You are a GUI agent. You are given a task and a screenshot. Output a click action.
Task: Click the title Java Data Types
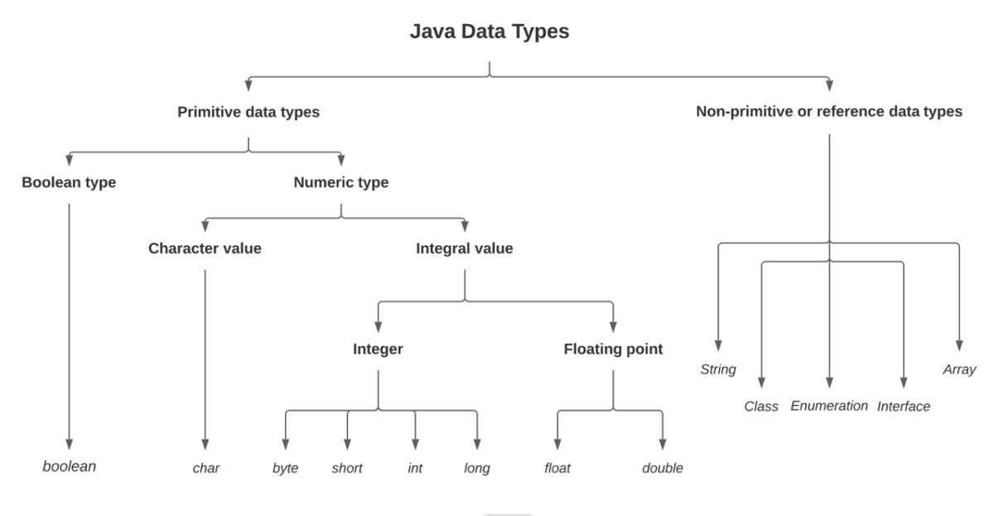(x=490, y=32)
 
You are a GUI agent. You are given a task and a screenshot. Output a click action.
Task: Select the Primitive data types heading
(x=248, y=112)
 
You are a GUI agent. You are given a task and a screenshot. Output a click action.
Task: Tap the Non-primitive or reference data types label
(x=829, y=112)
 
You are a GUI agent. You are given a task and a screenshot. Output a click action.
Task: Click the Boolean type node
(x=69, y=183)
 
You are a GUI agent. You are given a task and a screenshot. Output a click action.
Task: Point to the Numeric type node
(x=340, y=183)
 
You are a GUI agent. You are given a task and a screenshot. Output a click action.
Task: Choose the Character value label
(x=205, y=248)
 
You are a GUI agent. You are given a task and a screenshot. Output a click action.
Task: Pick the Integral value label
(x=464, y=248)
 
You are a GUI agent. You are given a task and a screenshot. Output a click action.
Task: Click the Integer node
(x=378, y=349)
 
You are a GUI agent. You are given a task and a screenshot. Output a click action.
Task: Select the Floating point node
(x=613, y=349)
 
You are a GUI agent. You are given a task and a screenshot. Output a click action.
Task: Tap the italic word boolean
(x=70, y=466)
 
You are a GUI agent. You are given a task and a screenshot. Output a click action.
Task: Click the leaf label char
(x=205, y=469)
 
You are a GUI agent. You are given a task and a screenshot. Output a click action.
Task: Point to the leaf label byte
(x=285, y=469)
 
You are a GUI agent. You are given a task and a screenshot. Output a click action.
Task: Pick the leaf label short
(x=347, y=469)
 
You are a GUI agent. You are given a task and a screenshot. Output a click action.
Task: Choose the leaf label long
(x=477, y=469)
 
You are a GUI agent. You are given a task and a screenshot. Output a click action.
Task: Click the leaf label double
(x=663, y=469)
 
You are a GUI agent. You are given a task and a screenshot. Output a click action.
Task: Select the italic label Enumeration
(x=829, y=406)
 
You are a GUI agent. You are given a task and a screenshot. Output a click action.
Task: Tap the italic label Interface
(x=904, y=407)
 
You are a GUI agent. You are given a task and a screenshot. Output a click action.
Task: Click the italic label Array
(x=959, y=369)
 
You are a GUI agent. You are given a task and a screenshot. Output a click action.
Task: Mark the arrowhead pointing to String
(x=718, y=347)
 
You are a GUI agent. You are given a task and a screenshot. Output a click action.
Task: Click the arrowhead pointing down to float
(x=557, y=443)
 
